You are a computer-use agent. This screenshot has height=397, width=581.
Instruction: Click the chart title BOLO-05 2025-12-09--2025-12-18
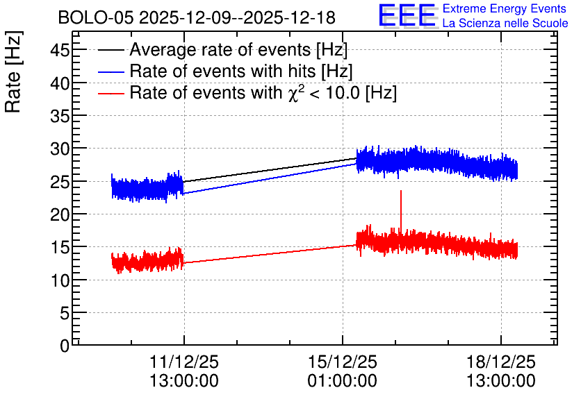click(x=197, y=18)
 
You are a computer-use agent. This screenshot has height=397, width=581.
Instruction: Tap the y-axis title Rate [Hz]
click(x=13, y=71)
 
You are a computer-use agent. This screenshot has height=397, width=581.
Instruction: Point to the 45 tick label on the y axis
click(x=60, y=50)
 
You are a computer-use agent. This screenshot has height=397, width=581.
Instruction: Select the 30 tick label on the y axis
click(x=60, y=149)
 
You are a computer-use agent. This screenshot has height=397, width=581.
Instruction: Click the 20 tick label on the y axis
click(x=60, y=214)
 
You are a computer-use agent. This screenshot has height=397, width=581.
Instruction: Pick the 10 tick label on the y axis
click(x=60, y=281)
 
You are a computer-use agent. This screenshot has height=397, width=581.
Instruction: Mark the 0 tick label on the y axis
click(x=65, y=346)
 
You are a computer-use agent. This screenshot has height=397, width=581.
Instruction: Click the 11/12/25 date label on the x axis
click(x=184, y=362)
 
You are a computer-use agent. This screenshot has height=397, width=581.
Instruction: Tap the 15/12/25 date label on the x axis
click(x=343, y=362)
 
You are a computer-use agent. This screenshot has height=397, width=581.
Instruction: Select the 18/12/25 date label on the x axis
click(x=500, y=362)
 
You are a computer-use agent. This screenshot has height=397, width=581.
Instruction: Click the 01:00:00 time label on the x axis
click(x=343, y=381)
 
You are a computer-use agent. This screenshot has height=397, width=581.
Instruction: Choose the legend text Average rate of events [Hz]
click(x=238, y=49)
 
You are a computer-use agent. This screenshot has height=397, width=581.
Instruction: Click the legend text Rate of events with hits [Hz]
click(x=241, y=71)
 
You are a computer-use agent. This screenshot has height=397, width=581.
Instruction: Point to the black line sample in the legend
click(x=111, y=50)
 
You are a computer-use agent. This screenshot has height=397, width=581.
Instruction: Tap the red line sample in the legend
click(x=111, y=94)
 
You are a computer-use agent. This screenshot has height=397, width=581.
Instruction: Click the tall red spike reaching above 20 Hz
click(x=401, y=212)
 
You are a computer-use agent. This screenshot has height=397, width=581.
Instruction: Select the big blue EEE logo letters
click(x=407, y=15)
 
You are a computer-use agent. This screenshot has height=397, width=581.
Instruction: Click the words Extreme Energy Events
click(x=505, y=8)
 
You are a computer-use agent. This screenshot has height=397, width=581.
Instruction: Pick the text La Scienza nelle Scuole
click(x=505, y=23)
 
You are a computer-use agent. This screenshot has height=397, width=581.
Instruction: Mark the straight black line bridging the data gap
click(x=270, y=170)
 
